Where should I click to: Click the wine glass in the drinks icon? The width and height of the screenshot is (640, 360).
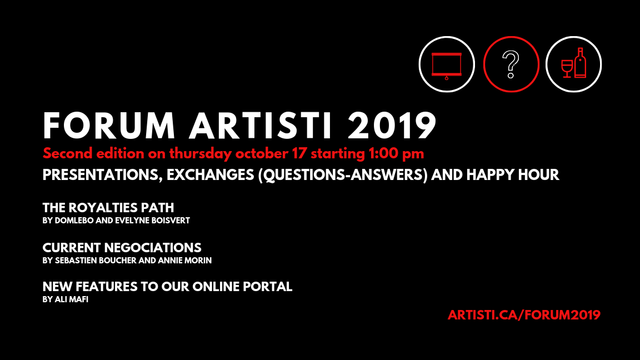[567, 68]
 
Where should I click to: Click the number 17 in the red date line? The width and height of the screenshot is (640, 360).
[299, 154]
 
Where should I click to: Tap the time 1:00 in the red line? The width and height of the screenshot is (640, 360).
[383, 154]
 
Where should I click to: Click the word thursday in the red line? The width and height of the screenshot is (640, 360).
[201, 154]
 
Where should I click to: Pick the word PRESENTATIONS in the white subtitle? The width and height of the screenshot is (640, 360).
[100, 175]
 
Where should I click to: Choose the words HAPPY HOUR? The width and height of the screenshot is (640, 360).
[513, 175]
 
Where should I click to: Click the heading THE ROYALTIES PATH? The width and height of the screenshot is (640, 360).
[108, 208]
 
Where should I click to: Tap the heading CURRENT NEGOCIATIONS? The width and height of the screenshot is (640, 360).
[122, 248]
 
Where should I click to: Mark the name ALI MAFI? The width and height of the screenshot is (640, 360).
[72, 299]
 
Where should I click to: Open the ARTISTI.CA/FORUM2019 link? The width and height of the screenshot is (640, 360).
[524, 315]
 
